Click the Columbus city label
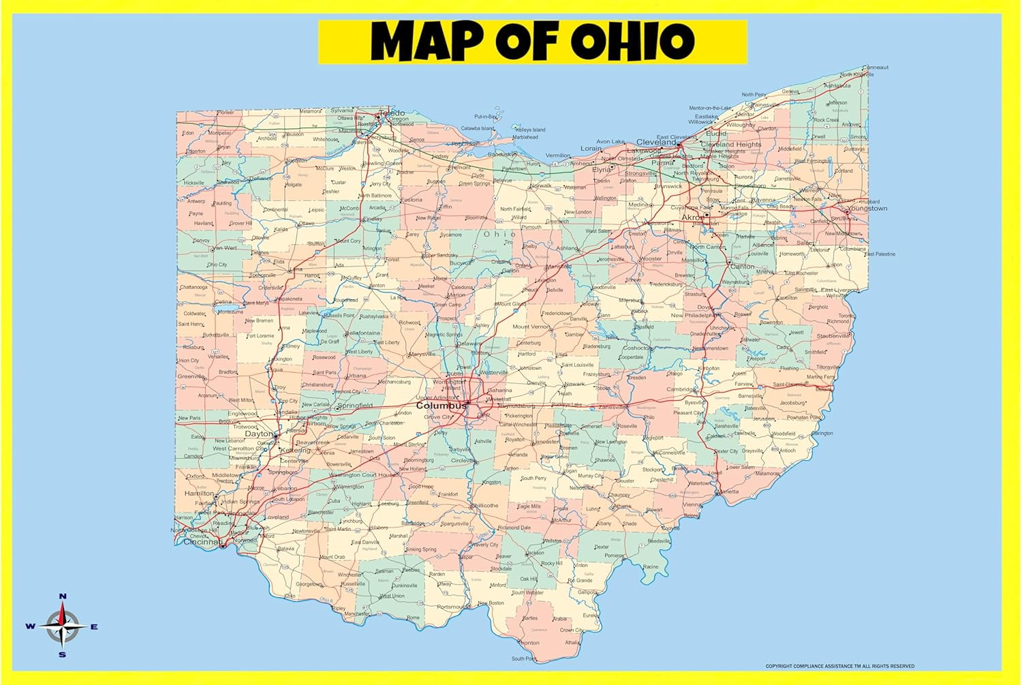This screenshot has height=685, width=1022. click(441, 405)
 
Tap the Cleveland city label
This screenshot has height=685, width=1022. click(656, 142)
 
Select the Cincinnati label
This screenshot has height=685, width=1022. click(202, 542)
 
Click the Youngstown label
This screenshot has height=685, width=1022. click(868, 209)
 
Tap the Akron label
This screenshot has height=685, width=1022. click(692, 217)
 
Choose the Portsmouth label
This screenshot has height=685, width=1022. click(452, 607)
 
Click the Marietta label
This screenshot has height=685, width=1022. click(727, 491)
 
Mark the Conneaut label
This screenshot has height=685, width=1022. click(876, 67)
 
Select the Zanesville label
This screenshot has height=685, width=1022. click(613, 407)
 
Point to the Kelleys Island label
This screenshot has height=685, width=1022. click(531, 130)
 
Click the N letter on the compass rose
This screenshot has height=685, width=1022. click(63, 596)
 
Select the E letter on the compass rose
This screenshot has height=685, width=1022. click(94, 627)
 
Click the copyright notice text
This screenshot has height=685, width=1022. click(839, 666)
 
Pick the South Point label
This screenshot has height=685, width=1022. click(524, 658)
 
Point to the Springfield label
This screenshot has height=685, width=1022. click(355, 406)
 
